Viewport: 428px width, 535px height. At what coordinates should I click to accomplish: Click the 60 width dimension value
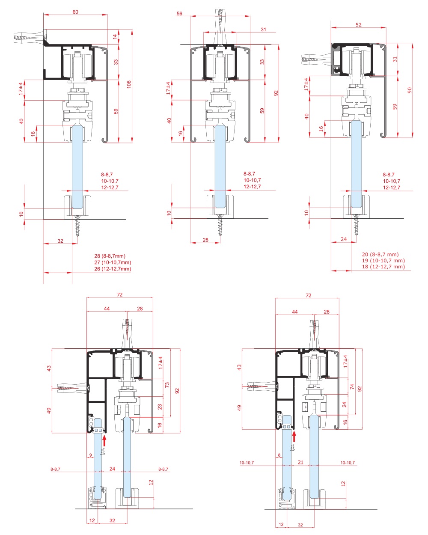pyautogui.click(x=75, y=12)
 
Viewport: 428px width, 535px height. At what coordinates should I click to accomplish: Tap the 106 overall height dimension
pyautogui.click(x=129, y=84)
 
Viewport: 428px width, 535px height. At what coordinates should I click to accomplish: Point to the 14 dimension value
pyautogui.click(x=115, y=37)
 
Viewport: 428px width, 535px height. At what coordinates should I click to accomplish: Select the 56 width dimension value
pyautogui.click(x=179, y=13)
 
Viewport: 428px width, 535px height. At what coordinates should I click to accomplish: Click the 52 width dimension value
pyautogui.click(x=358, y=25)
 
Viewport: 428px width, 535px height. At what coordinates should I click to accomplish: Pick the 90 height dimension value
pyautogui.click(x=410, y=90)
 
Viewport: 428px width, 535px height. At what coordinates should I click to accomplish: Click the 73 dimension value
pyautogui.click(x=167, y=385)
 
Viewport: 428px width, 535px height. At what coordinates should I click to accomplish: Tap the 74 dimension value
pyautogui.click(x=352, y=386)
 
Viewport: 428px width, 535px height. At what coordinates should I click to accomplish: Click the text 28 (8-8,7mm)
pyautogui.click(x=110, y=256)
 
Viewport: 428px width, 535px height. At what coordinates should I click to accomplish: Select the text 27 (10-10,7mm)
pyautogui.click(x=113, y=262)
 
